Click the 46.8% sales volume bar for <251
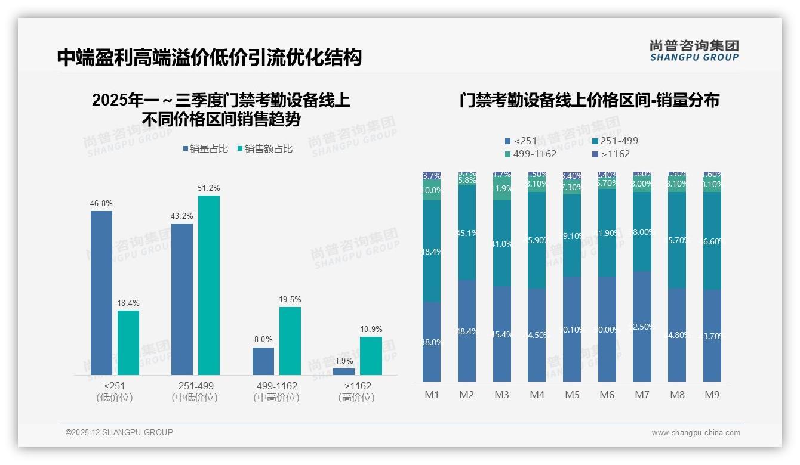101,293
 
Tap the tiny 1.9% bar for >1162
344,371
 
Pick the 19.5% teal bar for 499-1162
290,340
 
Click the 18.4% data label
128,303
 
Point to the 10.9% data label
371,330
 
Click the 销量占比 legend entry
205,149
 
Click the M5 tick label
572,395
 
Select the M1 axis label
432,395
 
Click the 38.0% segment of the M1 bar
432,342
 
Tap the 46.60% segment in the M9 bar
713,241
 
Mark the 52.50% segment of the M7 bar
642,327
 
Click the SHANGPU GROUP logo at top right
694,51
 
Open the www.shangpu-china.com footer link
696,433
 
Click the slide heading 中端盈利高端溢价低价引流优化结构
210,58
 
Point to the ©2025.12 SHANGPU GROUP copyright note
119,432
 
